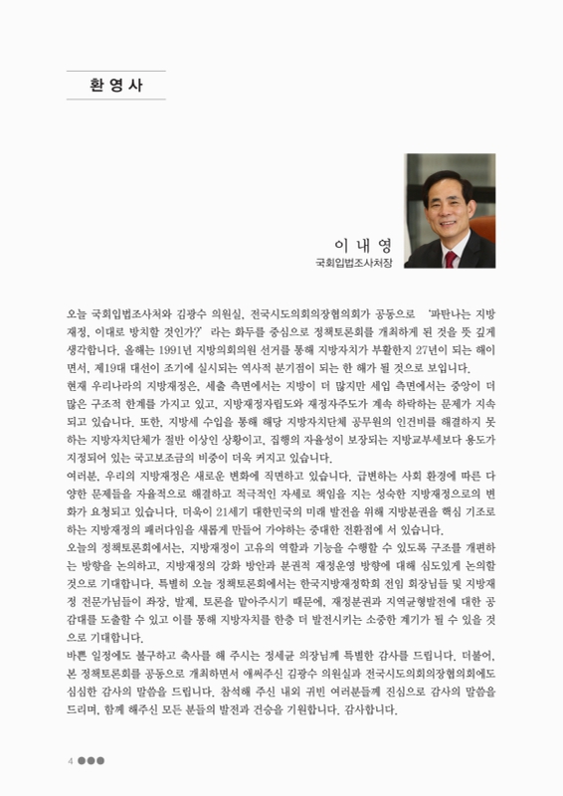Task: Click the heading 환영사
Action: coord(116,86)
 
